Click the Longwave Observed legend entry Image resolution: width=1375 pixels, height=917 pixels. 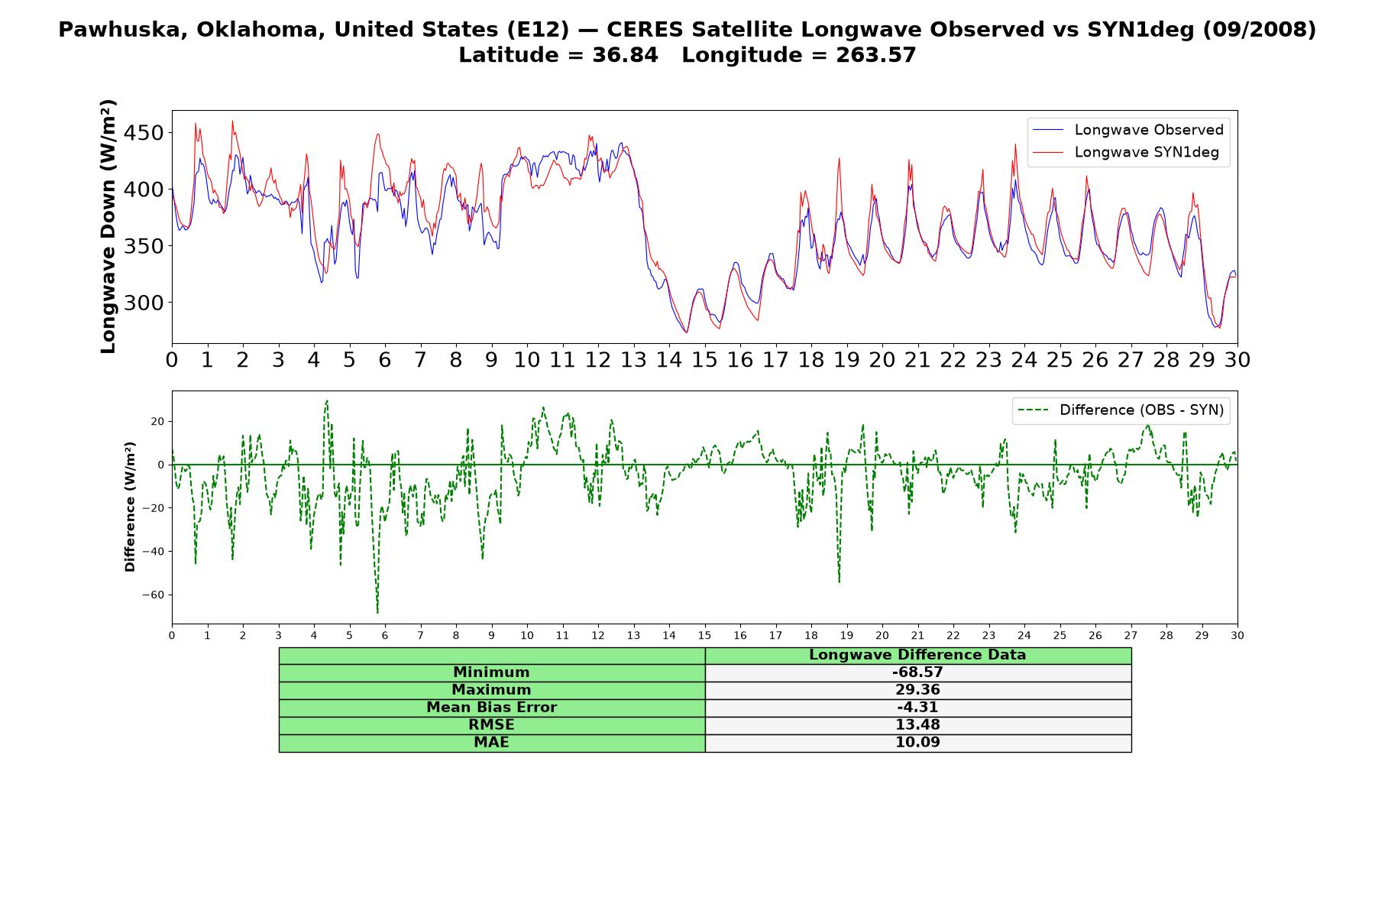1127,130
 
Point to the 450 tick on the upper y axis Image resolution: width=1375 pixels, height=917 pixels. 143,133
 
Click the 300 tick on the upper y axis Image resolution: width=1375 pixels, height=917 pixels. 143,303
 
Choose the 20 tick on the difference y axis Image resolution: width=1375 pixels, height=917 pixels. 157,421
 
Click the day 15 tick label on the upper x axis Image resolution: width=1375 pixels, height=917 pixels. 704,360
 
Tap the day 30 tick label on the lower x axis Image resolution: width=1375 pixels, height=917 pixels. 1237,635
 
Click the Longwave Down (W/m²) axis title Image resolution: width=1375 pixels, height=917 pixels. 108,226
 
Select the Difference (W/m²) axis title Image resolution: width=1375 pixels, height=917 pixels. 130,507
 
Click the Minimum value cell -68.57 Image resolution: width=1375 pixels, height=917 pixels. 917,672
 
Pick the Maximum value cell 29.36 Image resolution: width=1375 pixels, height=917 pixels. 917,690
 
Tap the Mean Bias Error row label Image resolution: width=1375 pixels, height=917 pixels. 491,708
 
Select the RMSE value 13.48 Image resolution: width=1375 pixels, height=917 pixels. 917,725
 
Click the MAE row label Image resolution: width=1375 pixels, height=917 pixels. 491,743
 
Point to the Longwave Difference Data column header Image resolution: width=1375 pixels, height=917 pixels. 917,655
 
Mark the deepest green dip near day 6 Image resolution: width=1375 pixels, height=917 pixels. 377,612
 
